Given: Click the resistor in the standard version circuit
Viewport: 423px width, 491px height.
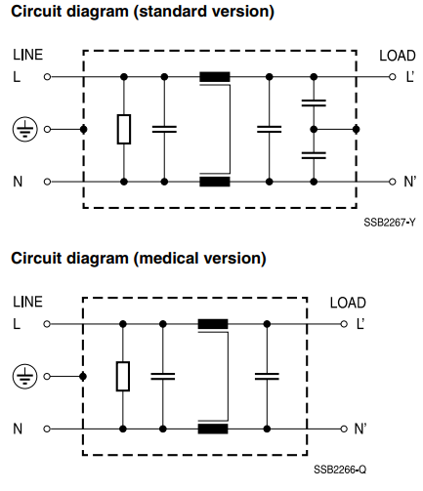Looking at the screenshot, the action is click(x=124, y=129).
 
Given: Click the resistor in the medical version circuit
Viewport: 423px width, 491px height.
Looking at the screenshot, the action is click(x=123, y=376).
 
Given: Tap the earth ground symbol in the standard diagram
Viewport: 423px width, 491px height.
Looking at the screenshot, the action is click(x=25, y=129).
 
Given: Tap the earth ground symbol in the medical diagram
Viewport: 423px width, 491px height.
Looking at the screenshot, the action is click(x=24, y=376).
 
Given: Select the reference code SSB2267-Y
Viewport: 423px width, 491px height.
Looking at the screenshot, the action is click(x=390, y=223).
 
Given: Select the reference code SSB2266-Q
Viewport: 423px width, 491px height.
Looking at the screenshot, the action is click(x=340, y=470).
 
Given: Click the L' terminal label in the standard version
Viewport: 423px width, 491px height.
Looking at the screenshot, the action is click(x=409, y=77).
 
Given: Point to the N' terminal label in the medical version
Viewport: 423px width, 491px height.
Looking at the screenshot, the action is click(x=360, y=429).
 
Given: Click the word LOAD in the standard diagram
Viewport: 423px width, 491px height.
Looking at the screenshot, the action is click(x=398, y=56).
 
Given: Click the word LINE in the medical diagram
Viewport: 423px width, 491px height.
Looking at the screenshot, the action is click(x=27, y=302).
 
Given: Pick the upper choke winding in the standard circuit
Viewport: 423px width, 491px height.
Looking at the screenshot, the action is click(x=215, y=77).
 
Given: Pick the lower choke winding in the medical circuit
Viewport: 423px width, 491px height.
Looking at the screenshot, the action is click(x=213, y=429).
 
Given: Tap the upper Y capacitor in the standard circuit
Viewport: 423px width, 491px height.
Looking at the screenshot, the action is click(x=314, y=103).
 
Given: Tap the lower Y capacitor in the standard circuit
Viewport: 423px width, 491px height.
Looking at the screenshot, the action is click(x=314, y=155).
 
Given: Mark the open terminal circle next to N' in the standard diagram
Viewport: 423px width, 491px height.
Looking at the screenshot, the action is click(x=392, y=182).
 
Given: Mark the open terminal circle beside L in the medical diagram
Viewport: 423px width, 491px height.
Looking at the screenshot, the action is click(x=47, y=324).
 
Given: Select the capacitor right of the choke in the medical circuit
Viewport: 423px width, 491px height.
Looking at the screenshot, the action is click(x=267, y=376).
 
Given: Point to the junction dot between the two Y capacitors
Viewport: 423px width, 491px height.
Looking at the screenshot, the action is click(x=314, y=129).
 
